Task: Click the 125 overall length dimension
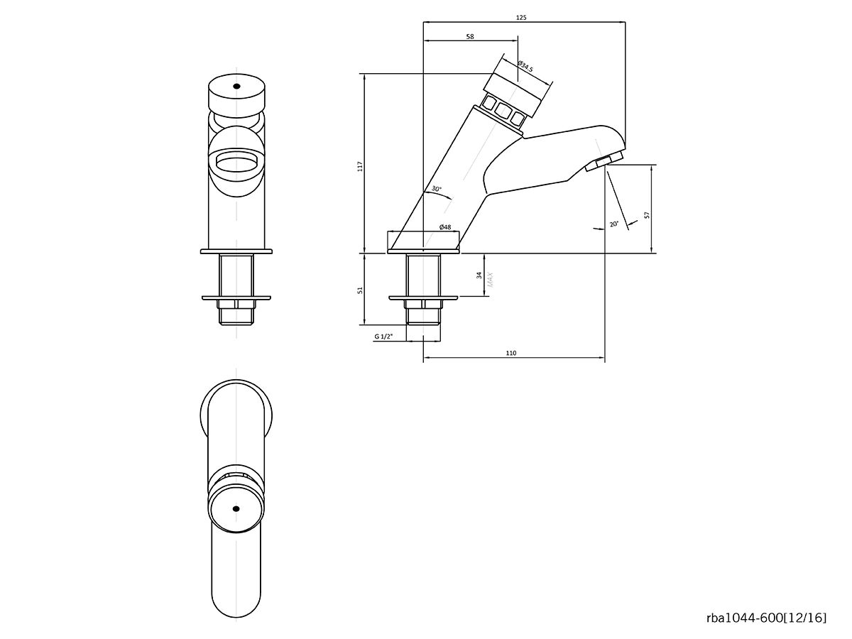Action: coord(522,17)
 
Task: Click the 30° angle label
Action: coord(436,190)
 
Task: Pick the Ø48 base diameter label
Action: coord(445,226)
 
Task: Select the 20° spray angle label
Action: coord(613,224)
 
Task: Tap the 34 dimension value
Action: coord(479,275)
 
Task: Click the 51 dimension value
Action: coord(360,290)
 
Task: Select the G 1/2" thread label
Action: coord(383,337)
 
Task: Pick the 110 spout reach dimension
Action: coord(511,353)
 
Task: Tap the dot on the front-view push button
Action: coord(236,87)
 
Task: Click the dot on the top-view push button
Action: coord(236,508)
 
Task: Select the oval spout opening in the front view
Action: coord(236,163)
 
